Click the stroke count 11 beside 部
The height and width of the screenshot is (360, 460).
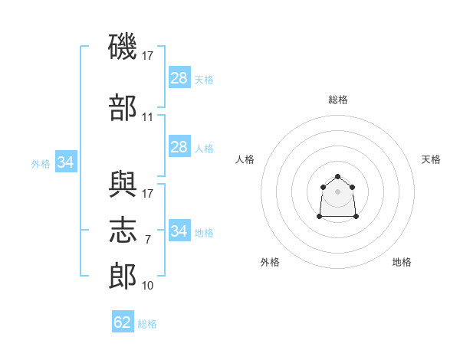148,117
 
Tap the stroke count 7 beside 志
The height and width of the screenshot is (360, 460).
148,240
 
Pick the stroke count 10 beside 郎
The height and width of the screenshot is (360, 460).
148,286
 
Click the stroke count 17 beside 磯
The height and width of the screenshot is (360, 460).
148,56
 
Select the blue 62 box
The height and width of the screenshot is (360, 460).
123,322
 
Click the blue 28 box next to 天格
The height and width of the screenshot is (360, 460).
179,78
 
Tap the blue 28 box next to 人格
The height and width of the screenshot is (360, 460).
179,147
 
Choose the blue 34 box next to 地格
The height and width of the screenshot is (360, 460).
179,231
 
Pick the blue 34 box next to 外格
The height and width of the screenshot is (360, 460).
66,162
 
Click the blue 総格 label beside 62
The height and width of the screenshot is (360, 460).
147,324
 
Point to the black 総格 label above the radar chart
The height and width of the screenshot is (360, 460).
338,100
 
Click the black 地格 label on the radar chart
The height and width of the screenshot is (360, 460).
402,263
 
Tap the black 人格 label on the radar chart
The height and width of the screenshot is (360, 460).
245,159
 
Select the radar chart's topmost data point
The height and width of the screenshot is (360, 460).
338,177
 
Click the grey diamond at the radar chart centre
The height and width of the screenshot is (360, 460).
338,191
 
